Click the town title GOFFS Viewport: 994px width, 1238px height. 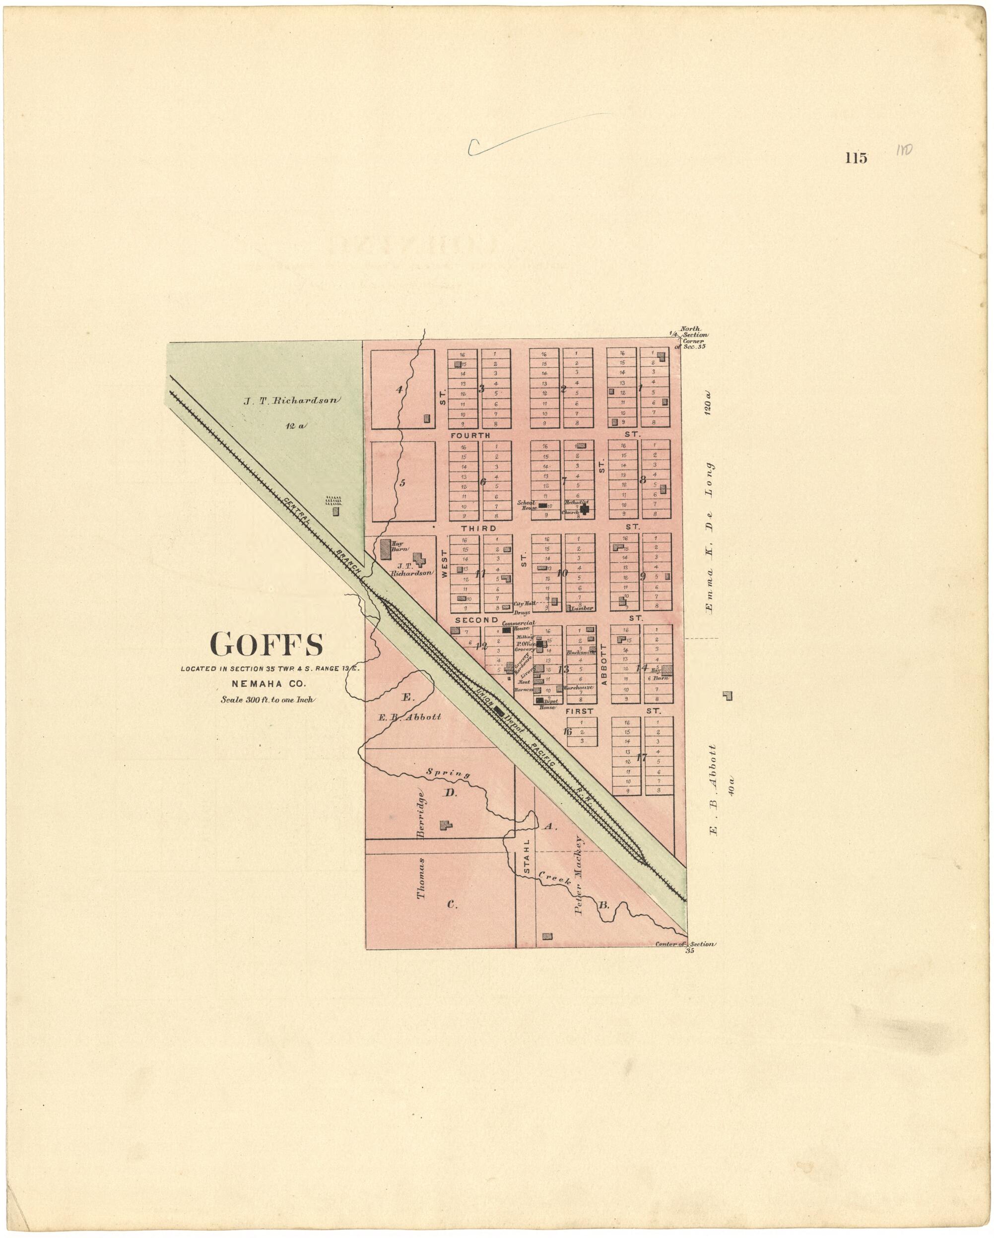[x=266, y=644]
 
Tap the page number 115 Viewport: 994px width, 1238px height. [x=856, y=158]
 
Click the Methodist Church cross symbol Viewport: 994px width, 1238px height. [x=584, y=509]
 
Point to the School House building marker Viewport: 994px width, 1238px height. [x=542, y=505]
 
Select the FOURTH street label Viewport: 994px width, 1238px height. [x=470, y=435]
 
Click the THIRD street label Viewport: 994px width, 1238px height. [x=478, y=527]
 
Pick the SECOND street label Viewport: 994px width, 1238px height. [x=476, y=620]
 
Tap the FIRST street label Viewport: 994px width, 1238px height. [x=580, y=711]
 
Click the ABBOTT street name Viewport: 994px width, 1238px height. [x=603, y=664]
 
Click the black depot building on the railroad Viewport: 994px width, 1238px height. [x=500, y=711]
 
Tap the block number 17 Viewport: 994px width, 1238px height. [x=642, y=757]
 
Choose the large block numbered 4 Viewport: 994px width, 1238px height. [x=399, y=390]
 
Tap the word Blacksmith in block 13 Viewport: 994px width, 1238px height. [x=580, y=652]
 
